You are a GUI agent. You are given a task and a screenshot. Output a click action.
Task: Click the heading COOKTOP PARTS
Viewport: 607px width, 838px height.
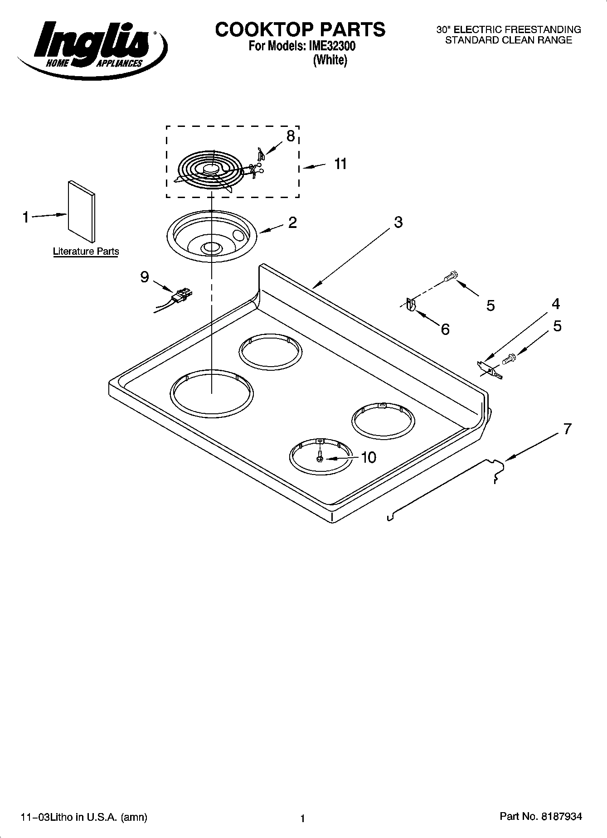(x=300, y=29)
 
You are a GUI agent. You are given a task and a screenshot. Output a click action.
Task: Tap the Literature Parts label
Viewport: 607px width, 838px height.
(x=86, y=251)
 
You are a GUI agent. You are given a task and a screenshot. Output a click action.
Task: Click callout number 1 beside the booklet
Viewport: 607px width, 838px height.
(x=26, y=218)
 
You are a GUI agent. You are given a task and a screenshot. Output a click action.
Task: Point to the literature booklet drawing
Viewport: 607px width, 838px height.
(x=82, y=212)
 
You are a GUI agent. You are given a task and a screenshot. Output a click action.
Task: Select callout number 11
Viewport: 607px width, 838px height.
(x=340, y=164)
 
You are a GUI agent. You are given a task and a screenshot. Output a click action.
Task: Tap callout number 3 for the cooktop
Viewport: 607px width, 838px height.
(x=398, y=222)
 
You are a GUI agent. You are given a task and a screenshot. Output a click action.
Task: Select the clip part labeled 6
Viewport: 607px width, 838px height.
(x=411, y=305)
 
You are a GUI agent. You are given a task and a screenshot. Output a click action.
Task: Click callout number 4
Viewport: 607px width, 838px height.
(x=555, y=304)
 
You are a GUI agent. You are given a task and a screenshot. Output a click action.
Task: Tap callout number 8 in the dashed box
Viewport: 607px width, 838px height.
(x=291, y=136)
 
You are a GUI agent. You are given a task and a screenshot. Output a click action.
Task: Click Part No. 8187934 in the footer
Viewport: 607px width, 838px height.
(x=540, y=816)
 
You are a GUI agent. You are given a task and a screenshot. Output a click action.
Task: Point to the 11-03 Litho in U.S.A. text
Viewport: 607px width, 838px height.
(x=84, y=817)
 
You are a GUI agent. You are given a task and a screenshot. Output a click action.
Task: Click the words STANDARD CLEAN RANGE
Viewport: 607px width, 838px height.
(x=508, y=40)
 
